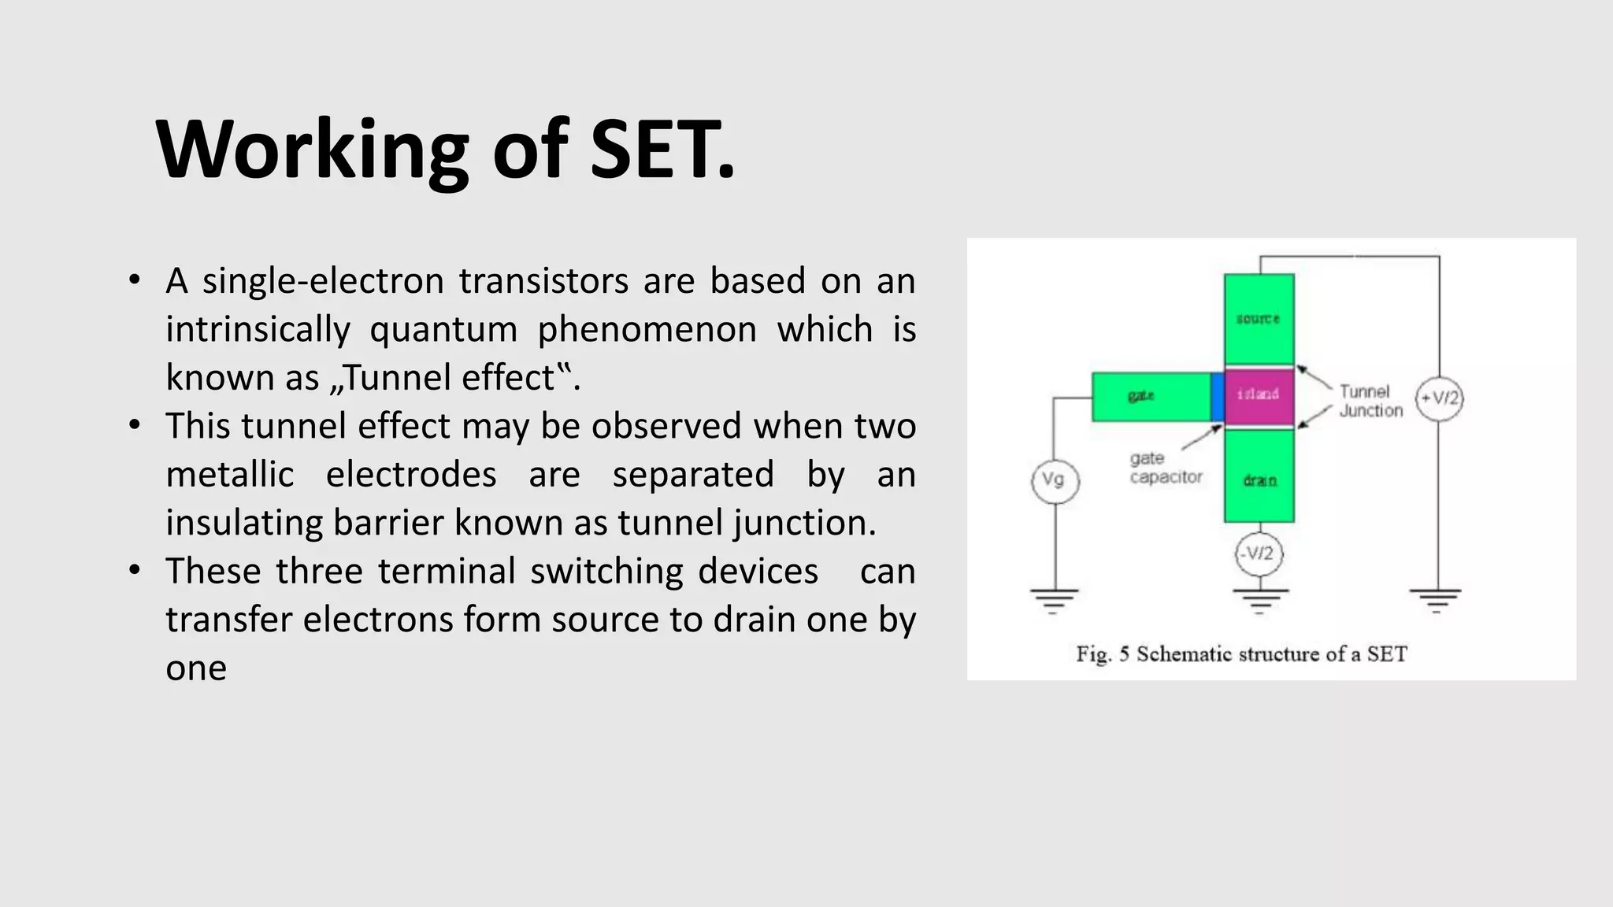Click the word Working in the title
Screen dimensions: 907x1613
(312, 150)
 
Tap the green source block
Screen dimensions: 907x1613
(1259, 318)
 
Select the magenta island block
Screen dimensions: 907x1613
(1259, 394)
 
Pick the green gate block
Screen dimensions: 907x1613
(1150, 397)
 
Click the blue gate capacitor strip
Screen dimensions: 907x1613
(1217, 397)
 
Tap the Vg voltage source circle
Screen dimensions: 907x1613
(1054, 480)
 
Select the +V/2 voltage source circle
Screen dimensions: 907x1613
(1439, 398)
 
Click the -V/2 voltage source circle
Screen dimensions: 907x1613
(1259, 553)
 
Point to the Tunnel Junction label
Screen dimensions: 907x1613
(1370, 401)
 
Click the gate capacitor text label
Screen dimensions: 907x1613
(1166, 468)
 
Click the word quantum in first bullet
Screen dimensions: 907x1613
(443, 329)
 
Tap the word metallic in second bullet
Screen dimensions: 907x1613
(229, 475)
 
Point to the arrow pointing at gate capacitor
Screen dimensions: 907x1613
(1200, 438)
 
